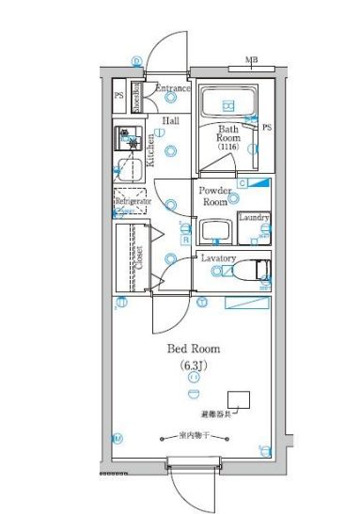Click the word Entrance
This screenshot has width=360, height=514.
[172, 88]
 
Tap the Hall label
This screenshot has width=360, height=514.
[170, 121]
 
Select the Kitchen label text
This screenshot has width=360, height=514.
[150, 150]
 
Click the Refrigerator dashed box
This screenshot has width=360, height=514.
[130, 202]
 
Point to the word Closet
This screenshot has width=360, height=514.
[139, 257]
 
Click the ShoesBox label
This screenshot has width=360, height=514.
[136, 96]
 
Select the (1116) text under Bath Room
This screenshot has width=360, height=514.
[228, 148]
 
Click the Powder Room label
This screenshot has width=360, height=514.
[214, 195]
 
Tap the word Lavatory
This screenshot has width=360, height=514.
[218, 257]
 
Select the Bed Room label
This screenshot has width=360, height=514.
[193, 349]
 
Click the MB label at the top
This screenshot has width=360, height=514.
[251, 61]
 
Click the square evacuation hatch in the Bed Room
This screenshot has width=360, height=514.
[240, 398]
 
